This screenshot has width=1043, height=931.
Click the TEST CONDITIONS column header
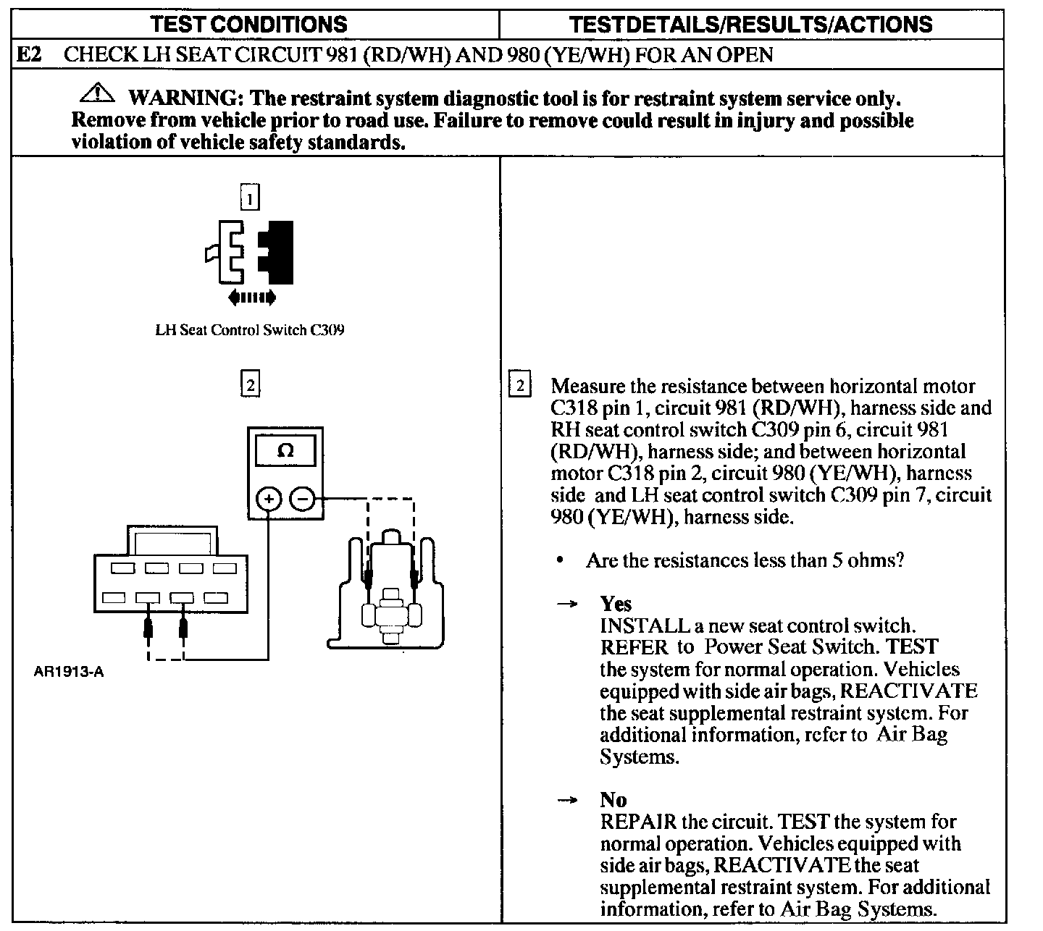click(x=248, y=25)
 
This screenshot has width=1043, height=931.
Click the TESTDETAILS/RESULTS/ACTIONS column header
click(x=751, y=25)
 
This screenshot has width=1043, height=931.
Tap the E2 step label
click(x=30, y=55)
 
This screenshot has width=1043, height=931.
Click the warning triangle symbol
click(x=98, y=94)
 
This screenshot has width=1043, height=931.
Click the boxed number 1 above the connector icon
click(x=249, y=198)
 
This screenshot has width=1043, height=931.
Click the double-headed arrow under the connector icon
click(x=251, y=296)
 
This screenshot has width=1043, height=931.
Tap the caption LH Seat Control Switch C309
click(x=250, y=330)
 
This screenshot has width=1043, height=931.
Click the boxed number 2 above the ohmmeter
click(x=250, y=384)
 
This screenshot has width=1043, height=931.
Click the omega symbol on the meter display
click(x=286, y=451)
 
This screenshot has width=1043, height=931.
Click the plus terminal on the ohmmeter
click(x=269, y=499)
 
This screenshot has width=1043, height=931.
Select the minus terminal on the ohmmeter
click(x=303, y=499)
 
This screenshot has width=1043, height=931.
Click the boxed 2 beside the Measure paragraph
click(x=520, y=384)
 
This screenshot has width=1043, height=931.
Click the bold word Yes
click(x=616, y=604)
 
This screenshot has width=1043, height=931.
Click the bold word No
click(x=613, y=800)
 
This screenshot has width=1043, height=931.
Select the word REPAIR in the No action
click(x=637, y=822)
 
